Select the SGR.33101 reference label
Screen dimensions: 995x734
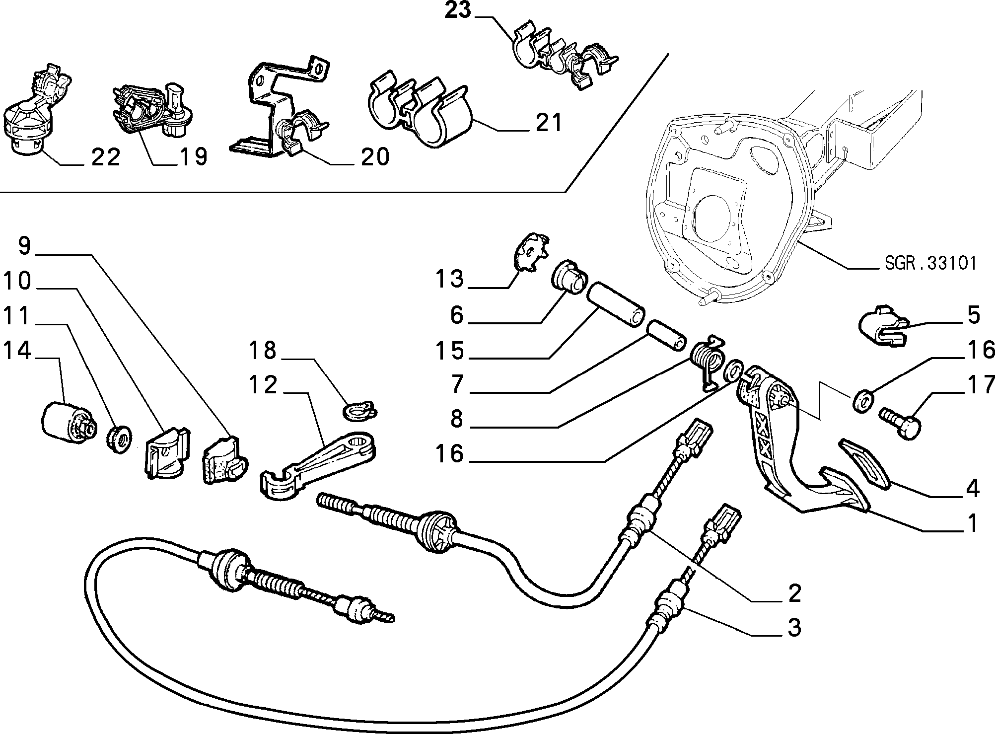click(x=930, y=263)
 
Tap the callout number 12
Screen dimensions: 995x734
click(x=264, y=385)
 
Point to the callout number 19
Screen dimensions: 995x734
click(x=193, y=157)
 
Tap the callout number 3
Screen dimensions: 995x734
click(x=794, y=628)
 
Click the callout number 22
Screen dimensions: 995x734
click(x=106, y=157)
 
